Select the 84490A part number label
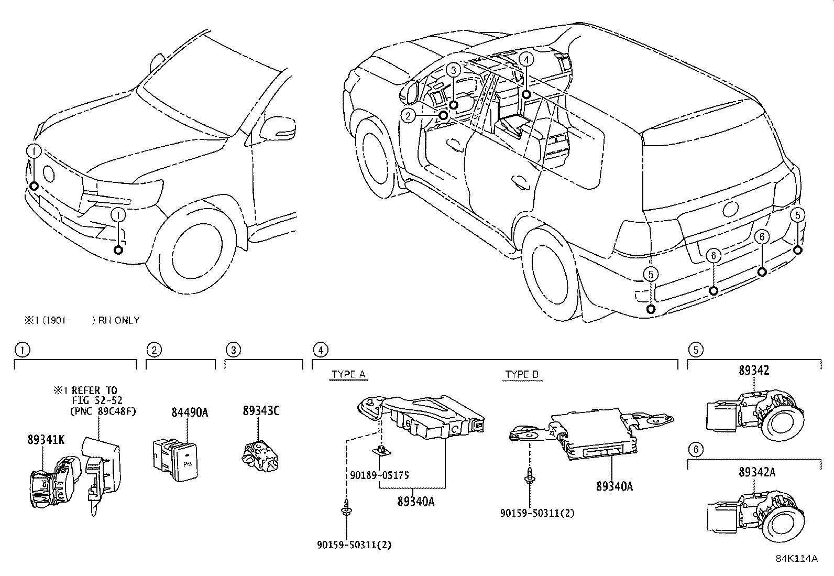(x=190, y=412)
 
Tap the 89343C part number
(x=260, y=410)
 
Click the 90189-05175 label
(x=379, y=476)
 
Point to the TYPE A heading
(x=348, y=374)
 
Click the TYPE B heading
(x=521, y=374)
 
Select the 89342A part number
(x=757, y=472)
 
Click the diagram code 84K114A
(x=796, y=558)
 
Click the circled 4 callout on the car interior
(x=526, y=60)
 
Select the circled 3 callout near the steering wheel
(x=454, y=69)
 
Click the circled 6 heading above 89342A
(x=695, y=450)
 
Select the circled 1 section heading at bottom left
(x=22, y=350)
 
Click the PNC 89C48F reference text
(x=102, y=411)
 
